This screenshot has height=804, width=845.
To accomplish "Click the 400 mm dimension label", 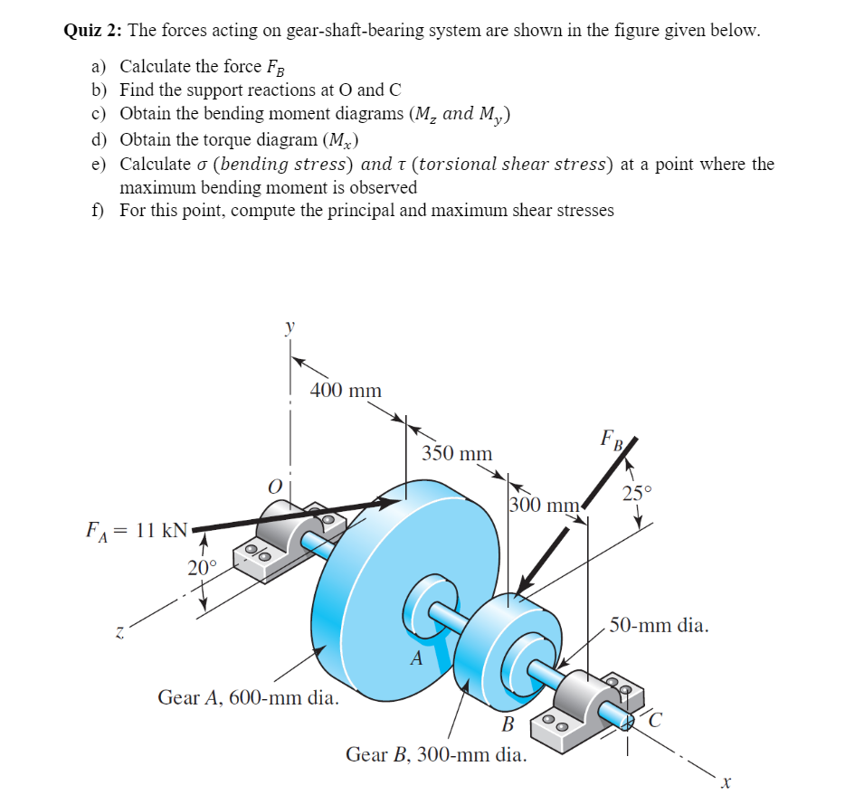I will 346,391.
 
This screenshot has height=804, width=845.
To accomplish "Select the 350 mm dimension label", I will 457,453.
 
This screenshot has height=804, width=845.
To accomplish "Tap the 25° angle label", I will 636,494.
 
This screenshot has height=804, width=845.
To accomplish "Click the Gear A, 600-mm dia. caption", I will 249,697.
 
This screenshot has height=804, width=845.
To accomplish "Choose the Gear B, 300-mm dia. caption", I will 436,753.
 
